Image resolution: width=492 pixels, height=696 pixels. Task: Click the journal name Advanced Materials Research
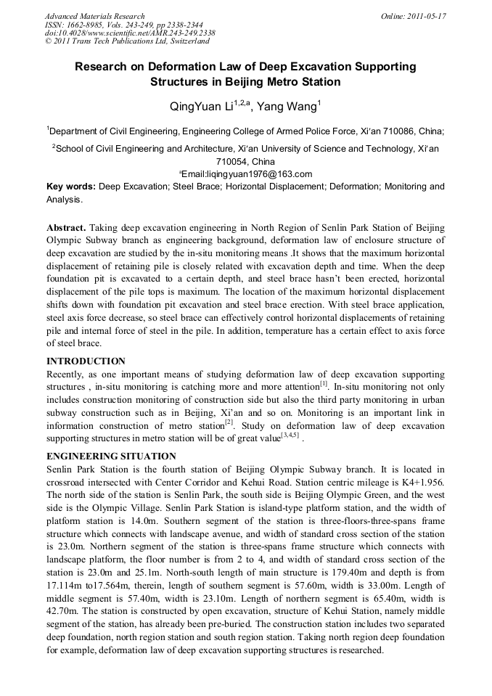click(94, 16)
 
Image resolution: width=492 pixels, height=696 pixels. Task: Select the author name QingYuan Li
click(200, 107)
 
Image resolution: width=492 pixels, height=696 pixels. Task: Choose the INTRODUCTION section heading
click(86, 361)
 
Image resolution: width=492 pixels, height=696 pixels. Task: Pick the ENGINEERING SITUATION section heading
click(111, 457)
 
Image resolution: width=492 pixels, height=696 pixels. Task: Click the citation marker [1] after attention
click(324, 385)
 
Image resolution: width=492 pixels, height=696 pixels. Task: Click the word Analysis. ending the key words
click(65, 200)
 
